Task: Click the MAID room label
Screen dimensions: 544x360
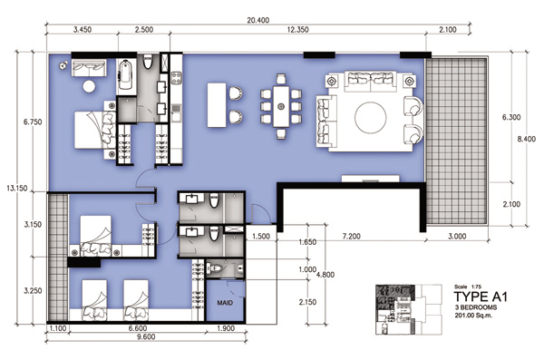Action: pyautogui.click(x=225, y=303)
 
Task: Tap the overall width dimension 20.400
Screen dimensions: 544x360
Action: pyautogui.click(x=257, y=21)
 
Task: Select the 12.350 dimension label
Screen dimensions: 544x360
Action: pyautogui.click(x=297, y=30)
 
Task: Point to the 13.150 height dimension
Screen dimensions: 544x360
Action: pyautogui.click(x=17, y=189)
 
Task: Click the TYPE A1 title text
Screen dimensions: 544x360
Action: pyautogui.click(x=481, y=297)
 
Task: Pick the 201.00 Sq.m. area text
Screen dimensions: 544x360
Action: pyautogui.click(x=473, y=316)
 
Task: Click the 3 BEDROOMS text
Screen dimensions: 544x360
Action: pyautogui.click(x=476, y=307)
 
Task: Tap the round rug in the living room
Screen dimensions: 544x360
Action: pyautogui.click(x=370, y=117)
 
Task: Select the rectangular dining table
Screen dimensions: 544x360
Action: pyautogui.click(x=281, y=107)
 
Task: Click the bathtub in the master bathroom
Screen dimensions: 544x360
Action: pyautogui.click(x=126, y=75)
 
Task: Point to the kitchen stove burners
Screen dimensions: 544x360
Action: pyautogui.click(x=176, y=78)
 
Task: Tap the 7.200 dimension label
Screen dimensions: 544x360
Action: pyautogui.click(x=352, y=237)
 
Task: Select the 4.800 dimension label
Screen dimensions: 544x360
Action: pyautogui.click(x=325, y=275)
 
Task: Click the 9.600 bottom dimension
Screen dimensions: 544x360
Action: pyautogui.click(x=146, y=336)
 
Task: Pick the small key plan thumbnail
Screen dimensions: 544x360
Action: pyautogui.click(x=409, y=309)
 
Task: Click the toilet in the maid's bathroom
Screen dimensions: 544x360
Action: pyautogui.click(x=214, y=268)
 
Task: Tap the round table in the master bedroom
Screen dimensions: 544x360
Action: pyautogui.click(x=89, y=86)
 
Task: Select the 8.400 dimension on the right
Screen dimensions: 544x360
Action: pyautogui.click(x=526, y=140)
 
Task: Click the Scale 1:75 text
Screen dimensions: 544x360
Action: pyautogui.click(x=468, y=287)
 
